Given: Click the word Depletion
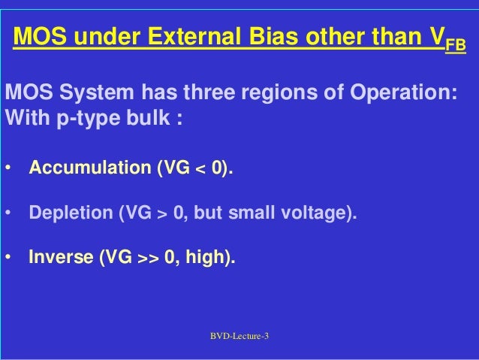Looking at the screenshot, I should pyautogui.click(x=69, y=213).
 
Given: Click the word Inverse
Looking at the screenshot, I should pyautogui.click(x=61, y=258).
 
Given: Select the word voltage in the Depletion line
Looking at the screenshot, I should pyautogui.click(x=317, y=213).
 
